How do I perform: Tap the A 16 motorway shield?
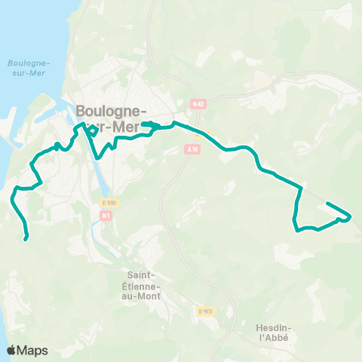coord(192,149)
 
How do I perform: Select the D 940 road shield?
coord(109,203)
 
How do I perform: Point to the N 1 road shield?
coord(106,216)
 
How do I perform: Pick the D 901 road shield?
coord(206,311)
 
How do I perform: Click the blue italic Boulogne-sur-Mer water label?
coord(29,72)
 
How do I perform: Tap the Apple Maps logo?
coord(26,350)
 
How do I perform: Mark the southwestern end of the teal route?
coord(26,239)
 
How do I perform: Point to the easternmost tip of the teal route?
coord(351,217)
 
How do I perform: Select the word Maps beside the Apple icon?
coord(32,350)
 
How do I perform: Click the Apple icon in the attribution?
coord(11,349)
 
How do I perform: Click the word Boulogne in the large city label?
coord(111,109)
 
